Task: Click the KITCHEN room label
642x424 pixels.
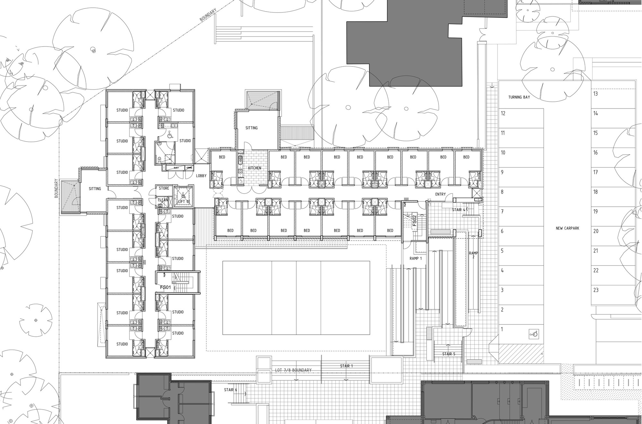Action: click(x=255, y=168)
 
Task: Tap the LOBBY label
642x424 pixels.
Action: click(x=201, y=176)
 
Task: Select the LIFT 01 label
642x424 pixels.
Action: click(x=184, y=202)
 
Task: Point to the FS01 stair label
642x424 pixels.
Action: click(x=165, y=287)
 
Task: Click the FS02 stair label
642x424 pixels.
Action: click(x=414, y=221)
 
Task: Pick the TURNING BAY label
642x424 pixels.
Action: click(x=519, y=97)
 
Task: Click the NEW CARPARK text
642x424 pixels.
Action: click(x=567, y=228)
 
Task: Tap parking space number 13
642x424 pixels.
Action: click(x=595, y=94)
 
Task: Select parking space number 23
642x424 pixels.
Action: click(x=596, y=290)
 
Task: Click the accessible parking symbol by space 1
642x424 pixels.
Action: click(x=534, y=334)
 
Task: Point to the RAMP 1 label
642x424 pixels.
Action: click(x=416, y=258)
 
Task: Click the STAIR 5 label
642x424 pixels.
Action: click(x=448, y=354)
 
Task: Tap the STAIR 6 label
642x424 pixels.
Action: click(x=230, y=390)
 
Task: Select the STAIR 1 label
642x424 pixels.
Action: click(x=346, y=366)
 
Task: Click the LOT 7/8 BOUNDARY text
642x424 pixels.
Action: click(x=293, y=370)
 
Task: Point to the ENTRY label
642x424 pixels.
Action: click(x=440, y=194)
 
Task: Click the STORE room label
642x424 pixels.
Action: click(x=164, y=188)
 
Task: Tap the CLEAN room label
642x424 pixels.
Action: click(x=163, y=200)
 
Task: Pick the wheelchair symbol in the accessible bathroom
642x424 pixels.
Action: click(x=169, y=135)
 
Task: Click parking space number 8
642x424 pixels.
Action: click(x=502, y=192)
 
